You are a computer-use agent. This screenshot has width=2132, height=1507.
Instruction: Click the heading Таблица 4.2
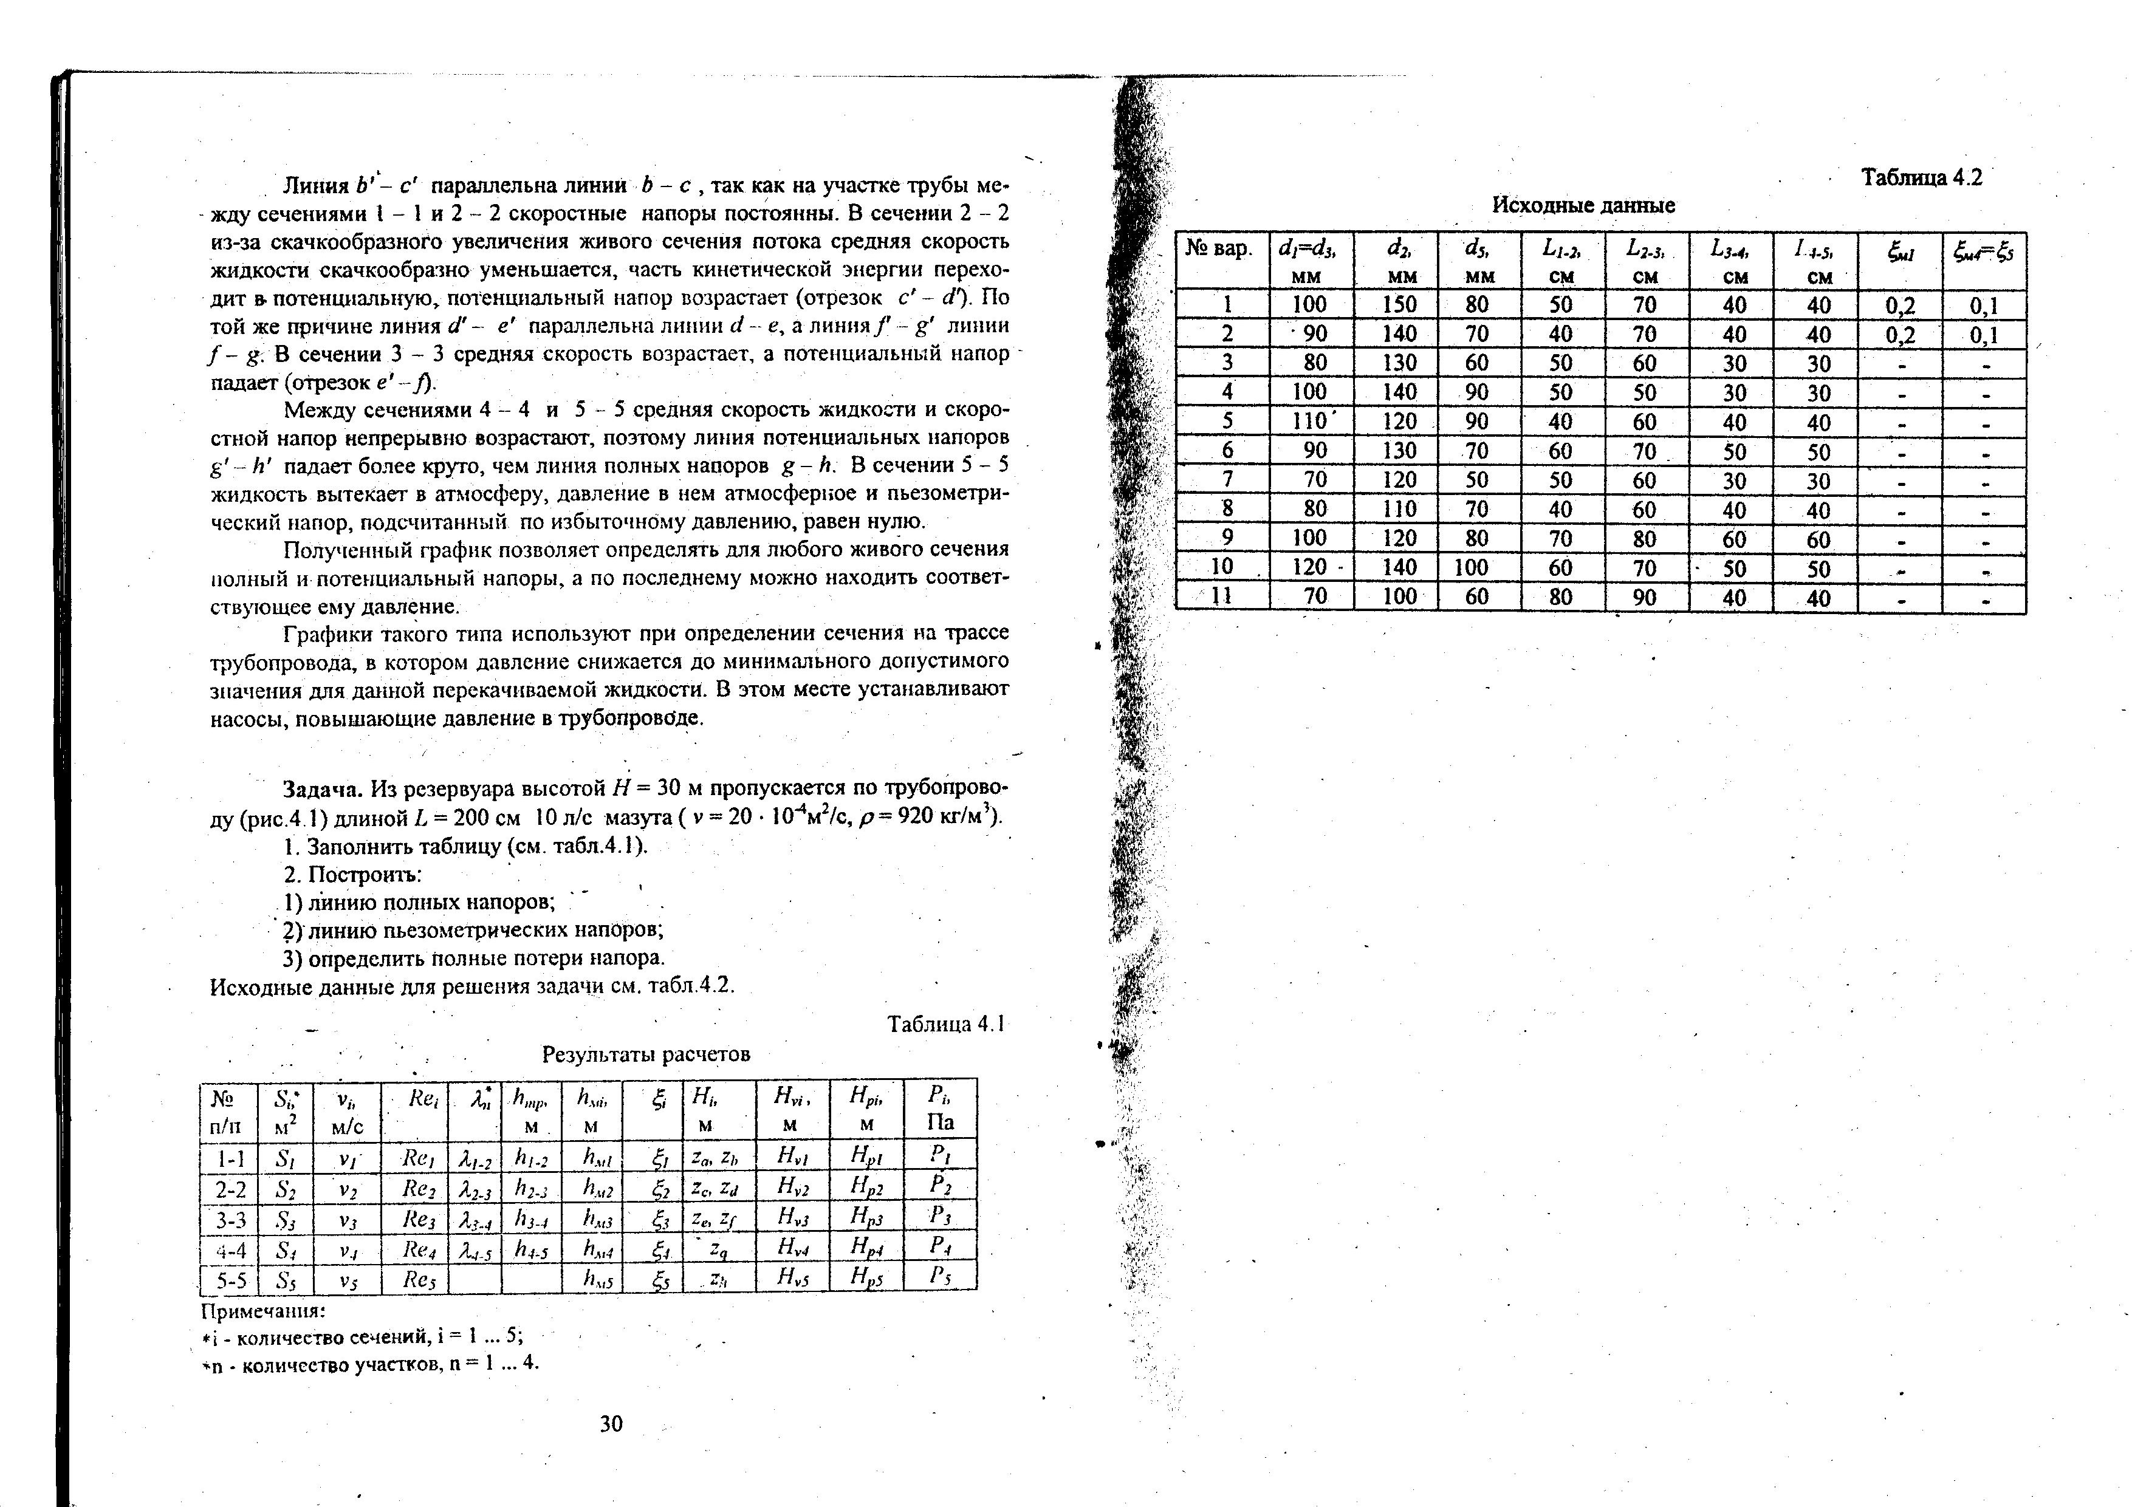click(x=1921, y=179)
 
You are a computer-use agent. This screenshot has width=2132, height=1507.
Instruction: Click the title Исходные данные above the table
click(x=1583, y=205)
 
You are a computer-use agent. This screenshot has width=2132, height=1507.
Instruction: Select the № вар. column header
click(x=1220, y=250)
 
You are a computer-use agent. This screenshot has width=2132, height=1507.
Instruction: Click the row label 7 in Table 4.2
click(x=1225, y=480)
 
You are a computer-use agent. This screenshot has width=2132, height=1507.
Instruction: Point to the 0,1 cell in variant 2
click(x=1984, y=334)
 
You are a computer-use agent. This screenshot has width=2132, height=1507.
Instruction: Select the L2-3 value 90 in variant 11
click(x=1645, y=597)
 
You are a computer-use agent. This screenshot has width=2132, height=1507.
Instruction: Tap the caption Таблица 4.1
click(x=946, y=1024)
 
